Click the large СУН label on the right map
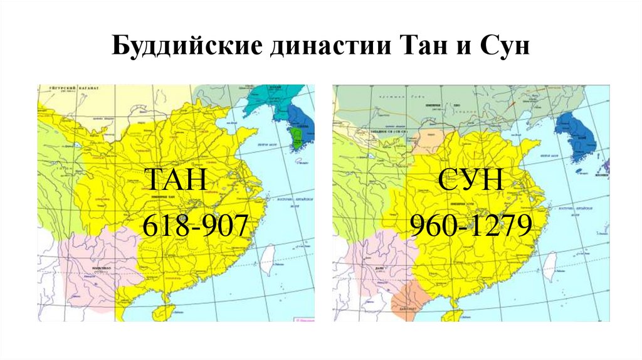471,182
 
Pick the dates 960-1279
471,225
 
